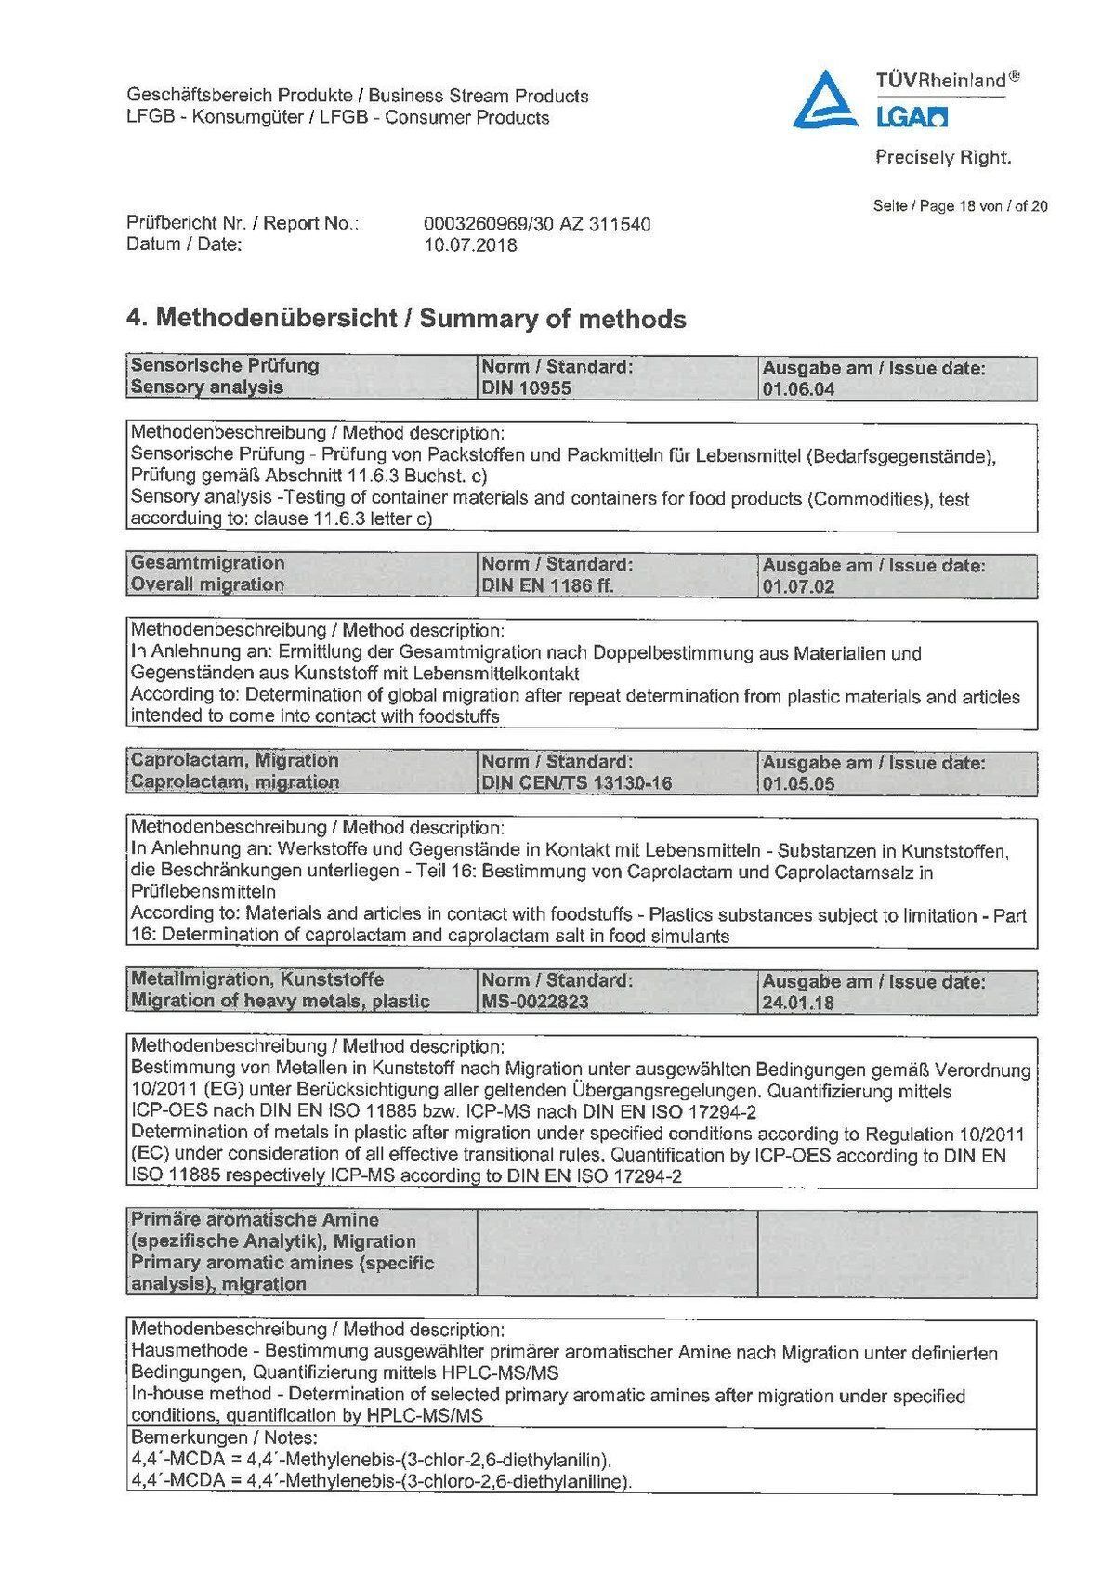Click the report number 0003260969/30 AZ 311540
click(536, 224)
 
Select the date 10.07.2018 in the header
click(470, 245)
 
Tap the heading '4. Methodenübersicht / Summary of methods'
click(406, 319)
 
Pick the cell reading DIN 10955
click(526, 388)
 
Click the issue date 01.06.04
click(798, 389)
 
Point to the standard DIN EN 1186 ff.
click(547, 586)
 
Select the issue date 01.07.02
click(798, 587)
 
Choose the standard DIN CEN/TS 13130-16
click(576, 783)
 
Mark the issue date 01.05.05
click(798, 784)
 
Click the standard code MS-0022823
click(535, 1002)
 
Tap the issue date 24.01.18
click(798, 1003)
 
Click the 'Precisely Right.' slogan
click(943, 158)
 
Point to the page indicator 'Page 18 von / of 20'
click(960, 206)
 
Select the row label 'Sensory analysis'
click(207, 387)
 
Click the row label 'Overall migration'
click(207, 584)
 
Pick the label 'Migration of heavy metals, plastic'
click(280, 1001)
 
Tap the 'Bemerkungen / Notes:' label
click(211, 1437)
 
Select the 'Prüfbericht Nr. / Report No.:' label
click(243, 223)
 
